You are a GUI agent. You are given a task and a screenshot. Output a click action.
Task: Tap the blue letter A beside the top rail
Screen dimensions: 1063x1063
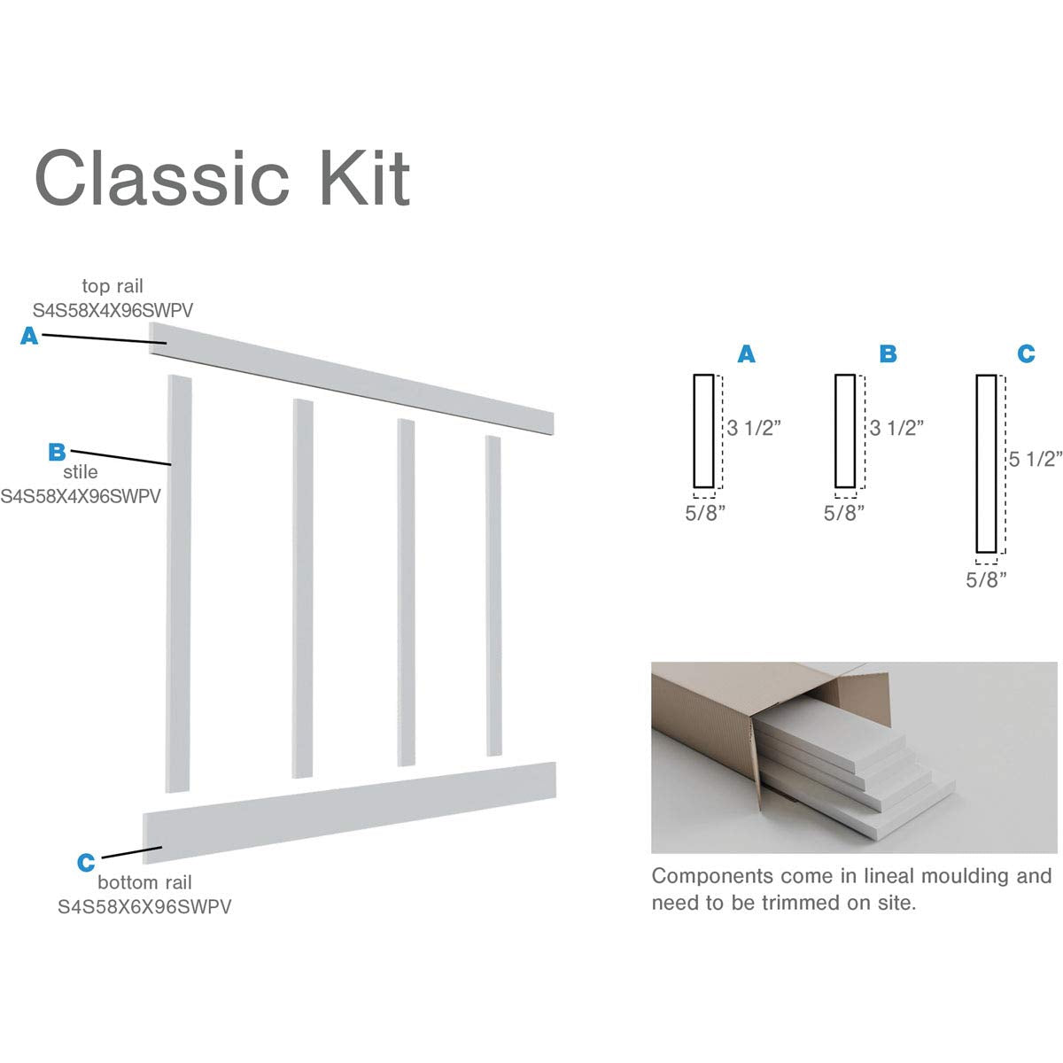pyautogui.click(x=29, y=336)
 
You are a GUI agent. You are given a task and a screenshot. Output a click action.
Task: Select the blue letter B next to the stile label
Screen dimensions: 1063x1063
pyautogui.click(x=57, y=452)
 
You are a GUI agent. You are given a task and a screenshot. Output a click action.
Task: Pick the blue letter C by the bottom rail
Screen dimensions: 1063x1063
pyautogui.click(x=86, y=862)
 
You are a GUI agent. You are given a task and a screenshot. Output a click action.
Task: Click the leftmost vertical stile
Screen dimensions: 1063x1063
pyautogui.click(x=178, y=585)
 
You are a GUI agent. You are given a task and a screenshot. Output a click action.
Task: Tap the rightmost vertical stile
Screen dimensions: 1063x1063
pyautogui.click(x=493, y=595)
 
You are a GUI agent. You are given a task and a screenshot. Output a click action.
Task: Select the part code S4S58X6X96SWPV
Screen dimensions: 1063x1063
pyautogui.click(x=144, y=907)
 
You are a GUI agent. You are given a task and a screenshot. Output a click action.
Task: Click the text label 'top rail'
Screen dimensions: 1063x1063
pyautogui.click(x=113, y=286)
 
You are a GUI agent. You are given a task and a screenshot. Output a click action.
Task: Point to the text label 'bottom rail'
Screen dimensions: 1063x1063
pyautogui.click(x=144, y=882)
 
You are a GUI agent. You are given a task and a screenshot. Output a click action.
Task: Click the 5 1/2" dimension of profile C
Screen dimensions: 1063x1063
pyautogui.click(x=1036, y=459)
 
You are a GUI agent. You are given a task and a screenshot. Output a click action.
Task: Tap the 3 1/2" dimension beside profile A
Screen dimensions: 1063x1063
pyautogui.click(x=754, y=428)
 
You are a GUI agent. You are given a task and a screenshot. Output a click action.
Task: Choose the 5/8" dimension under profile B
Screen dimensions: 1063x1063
pyautogui.click(x=843, y=513)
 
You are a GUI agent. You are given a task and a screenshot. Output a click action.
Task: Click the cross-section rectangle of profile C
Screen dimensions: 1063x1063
pyautogui.click(x=986, y=463)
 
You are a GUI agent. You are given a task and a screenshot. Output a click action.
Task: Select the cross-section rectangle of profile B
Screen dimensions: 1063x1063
pyautogui.click(x=845, y=431)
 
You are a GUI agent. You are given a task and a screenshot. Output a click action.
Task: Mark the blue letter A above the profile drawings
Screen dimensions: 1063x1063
pyautogui.click(x=747, y=354)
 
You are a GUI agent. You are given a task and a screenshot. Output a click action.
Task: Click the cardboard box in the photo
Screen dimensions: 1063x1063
pyautogui.click(x=709, y=726)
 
